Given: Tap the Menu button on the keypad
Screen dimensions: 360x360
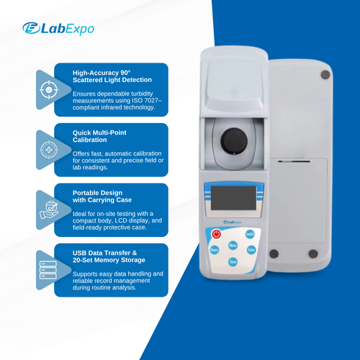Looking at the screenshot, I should pyautogui.click(x=233, y=245).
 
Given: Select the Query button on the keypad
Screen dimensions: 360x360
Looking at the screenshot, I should pyautogui.click(x=214, y=250).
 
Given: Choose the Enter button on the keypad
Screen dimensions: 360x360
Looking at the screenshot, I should pyautogui.click(x=251, y=249).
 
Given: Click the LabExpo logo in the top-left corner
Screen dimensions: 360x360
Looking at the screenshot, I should pyautogui.click(x=58, y=28).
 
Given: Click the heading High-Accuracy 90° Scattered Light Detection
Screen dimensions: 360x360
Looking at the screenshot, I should pyautogui.click(x=112, y=76).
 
